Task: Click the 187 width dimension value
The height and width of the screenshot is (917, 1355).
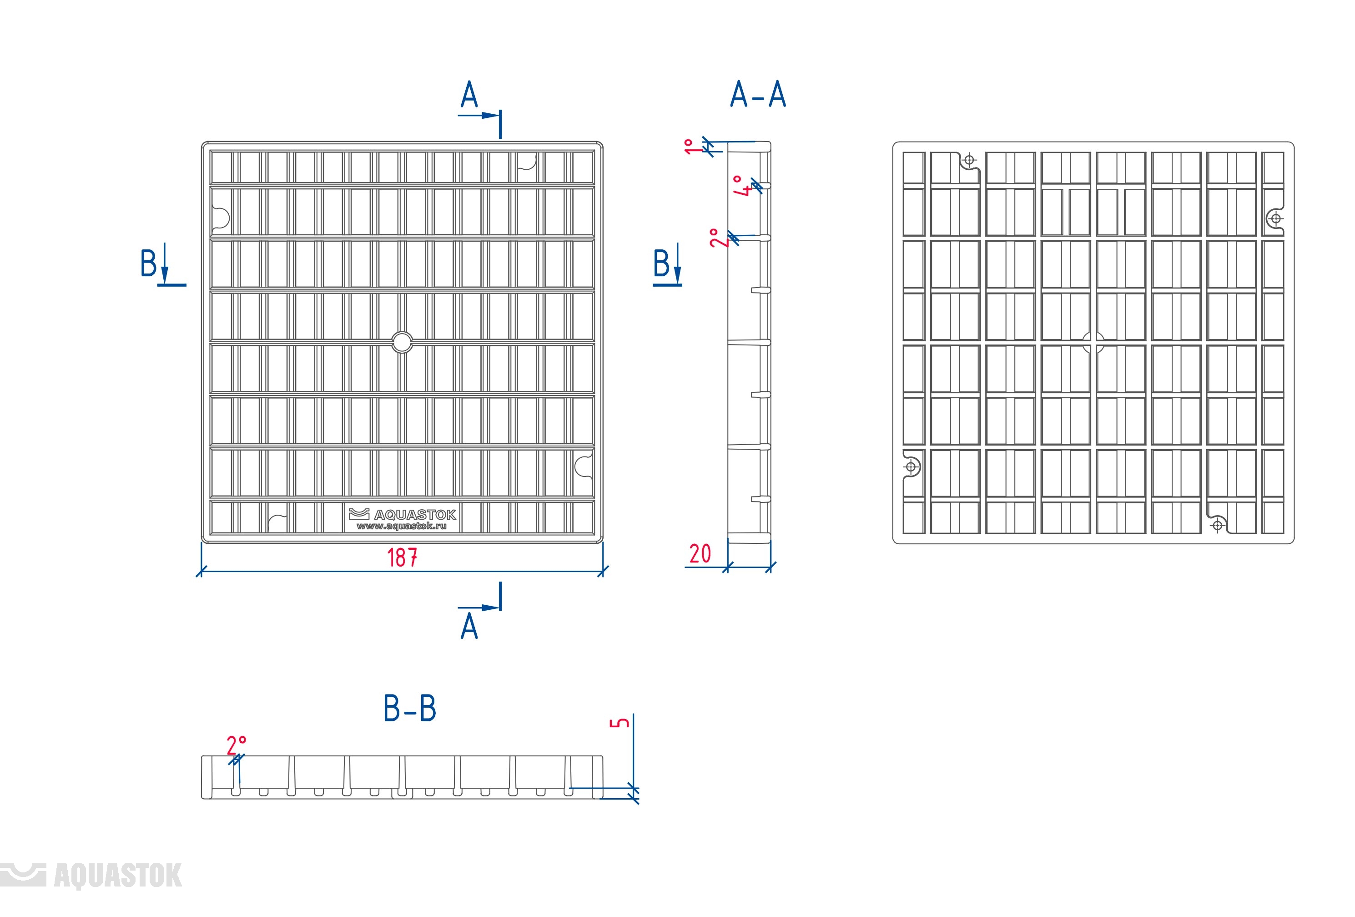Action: pyautogui.click(x=402, y=557)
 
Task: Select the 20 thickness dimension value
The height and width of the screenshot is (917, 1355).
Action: pyautogui.click(x=700, y=553)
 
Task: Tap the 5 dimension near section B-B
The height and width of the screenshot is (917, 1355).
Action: pyautogui.click(x=619, y=723)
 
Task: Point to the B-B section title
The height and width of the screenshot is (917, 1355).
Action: pyautogui.click(x=410, y=708)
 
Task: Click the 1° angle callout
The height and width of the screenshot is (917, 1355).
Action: pyautogui.click(x=690, y=147)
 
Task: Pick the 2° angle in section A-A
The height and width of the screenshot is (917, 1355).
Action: pyautogui.click(x=716, y=238)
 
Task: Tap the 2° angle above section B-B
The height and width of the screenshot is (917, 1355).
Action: pyautogui.click(x=237, y=745)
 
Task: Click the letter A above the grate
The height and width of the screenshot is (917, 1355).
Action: pyautogui.click(x=469, y=95)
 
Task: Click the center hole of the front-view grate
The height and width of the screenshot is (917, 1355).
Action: pyautogui.click(x=402, y=342)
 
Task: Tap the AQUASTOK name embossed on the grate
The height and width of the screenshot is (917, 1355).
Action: pyautogui.click(x=415, y=515)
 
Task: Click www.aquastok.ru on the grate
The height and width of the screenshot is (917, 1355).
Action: pyautogui.click(x=402, y=526)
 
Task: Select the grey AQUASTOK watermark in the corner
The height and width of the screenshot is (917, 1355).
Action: pyautogui.click(x=91, y=876)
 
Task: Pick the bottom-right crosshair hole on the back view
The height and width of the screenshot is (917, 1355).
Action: pyautogui.click(x=1217, y=526)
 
